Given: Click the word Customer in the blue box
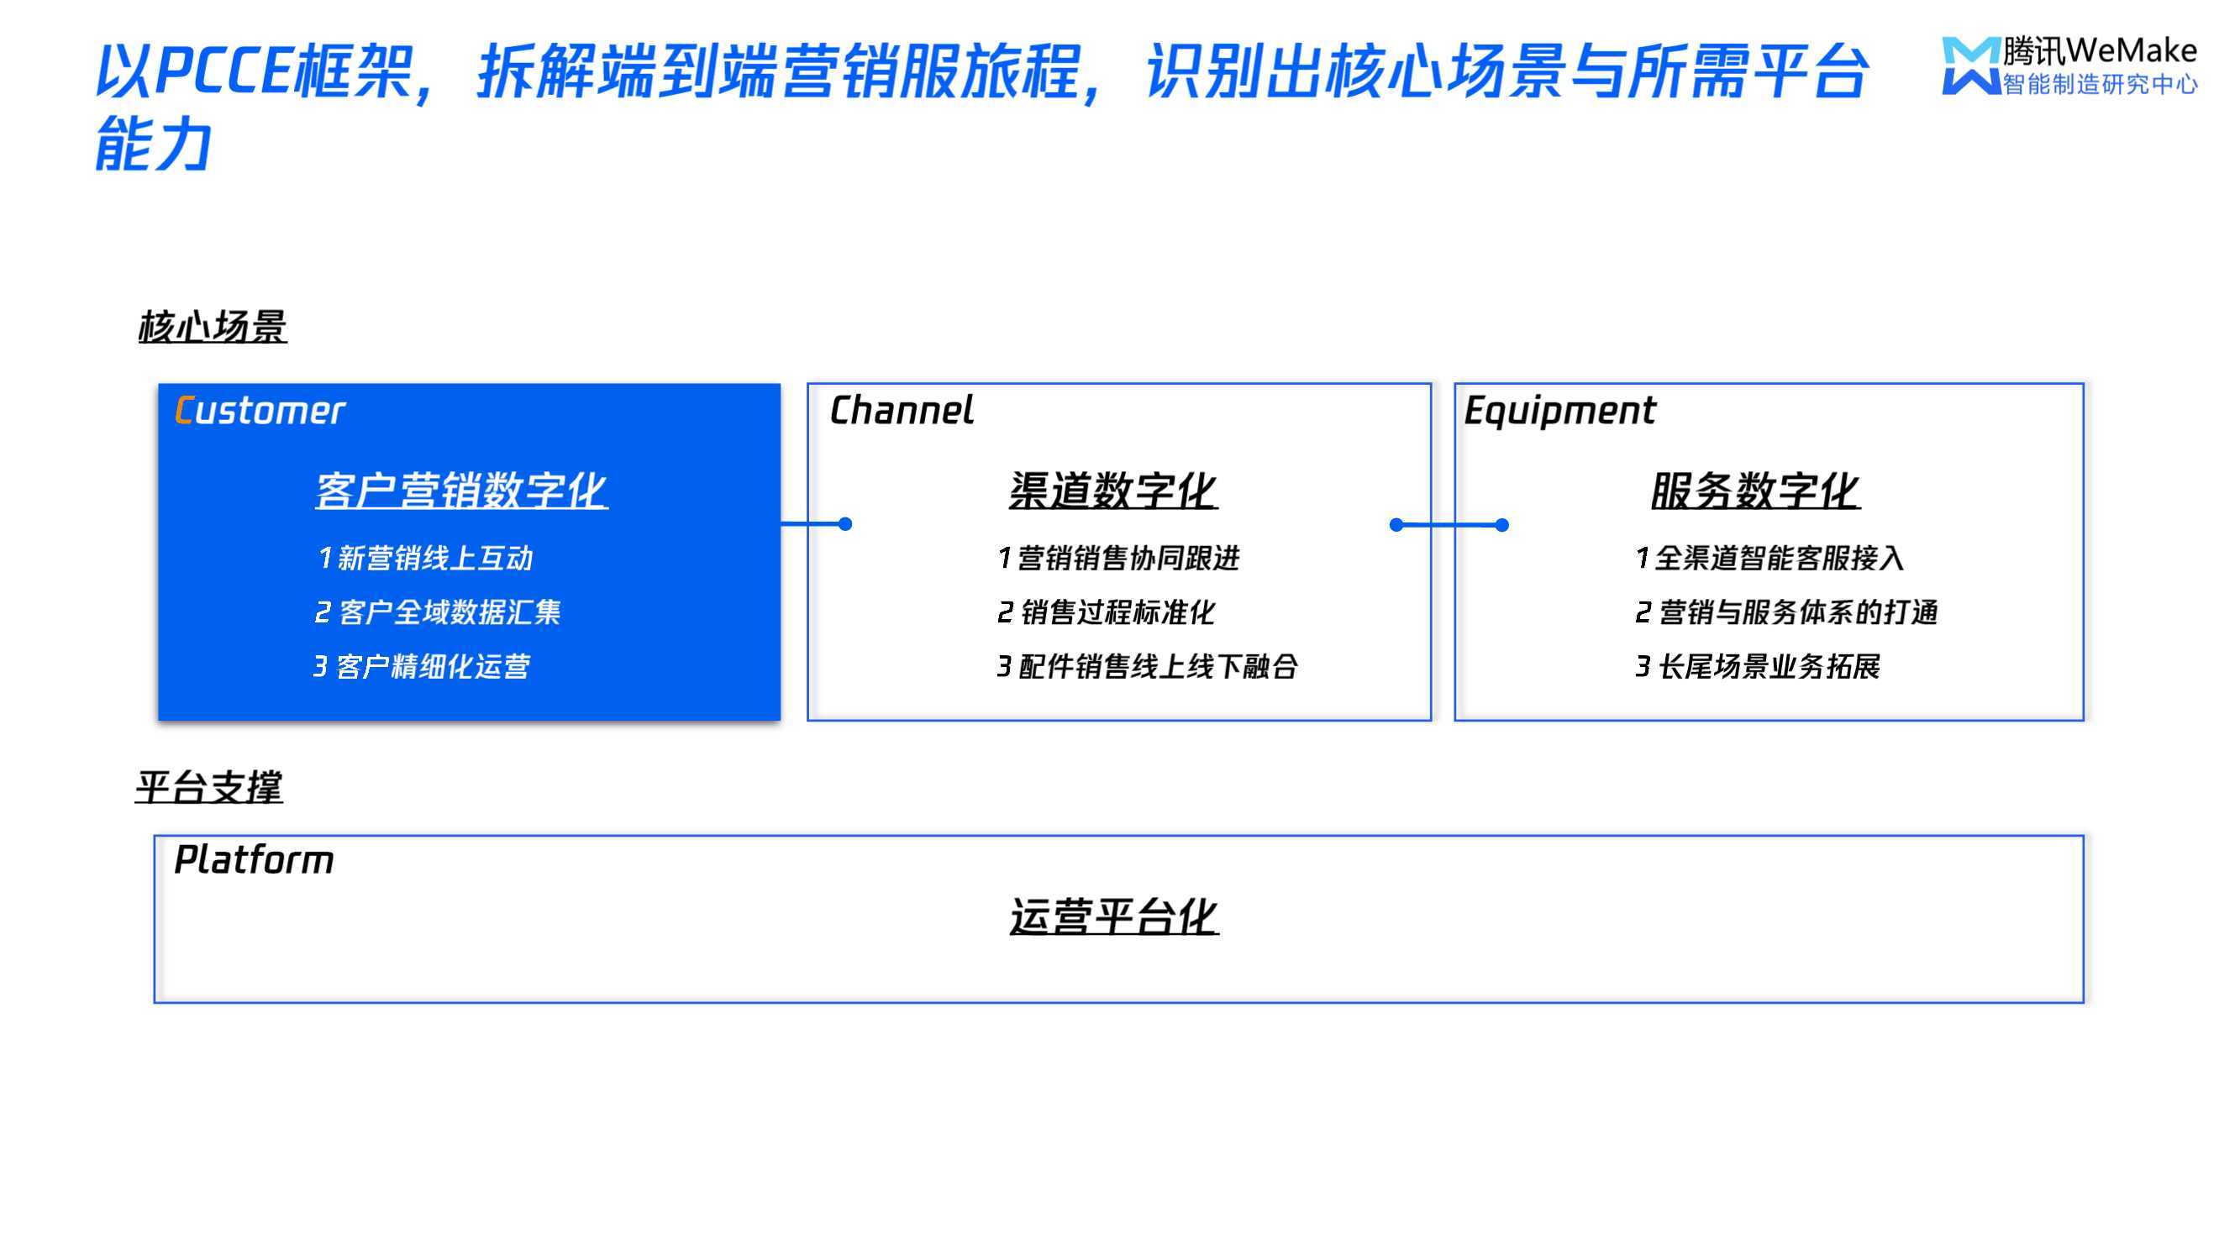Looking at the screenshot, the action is (x=260, y=411).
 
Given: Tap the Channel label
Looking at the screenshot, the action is (x=902, y=411).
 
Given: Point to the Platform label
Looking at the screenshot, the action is (x=254, y=860).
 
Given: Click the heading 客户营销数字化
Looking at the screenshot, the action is (x=461, y=491).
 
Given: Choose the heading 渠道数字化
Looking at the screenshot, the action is (x=1114, y=491).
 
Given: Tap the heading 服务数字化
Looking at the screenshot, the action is (x=1755, y=491).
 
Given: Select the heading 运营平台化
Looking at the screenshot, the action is (x=1114, y=916).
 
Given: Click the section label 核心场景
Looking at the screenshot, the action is (x=213, y=327).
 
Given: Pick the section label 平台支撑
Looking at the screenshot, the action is (x=208, y=787).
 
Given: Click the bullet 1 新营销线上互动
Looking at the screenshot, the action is (x=425, y=559).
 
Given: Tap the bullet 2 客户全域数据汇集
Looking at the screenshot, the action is (x=438, y=612).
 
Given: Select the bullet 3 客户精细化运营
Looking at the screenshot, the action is (x=422, y=667).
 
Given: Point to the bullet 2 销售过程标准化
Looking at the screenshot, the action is (x=1106, y=612).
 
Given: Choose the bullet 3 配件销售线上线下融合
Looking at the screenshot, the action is (x=1148, y=667).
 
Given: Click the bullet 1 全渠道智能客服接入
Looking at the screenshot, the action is (x=1769, y=559).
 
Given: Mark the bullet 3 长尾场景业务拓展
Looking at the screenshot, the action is (x=1758, y=667).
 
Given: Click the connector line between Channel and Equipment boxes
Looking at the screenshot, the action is (x=1449, y=524).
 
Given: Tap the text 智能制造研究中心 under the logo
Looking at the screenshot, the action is (x=2100, y=84).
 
